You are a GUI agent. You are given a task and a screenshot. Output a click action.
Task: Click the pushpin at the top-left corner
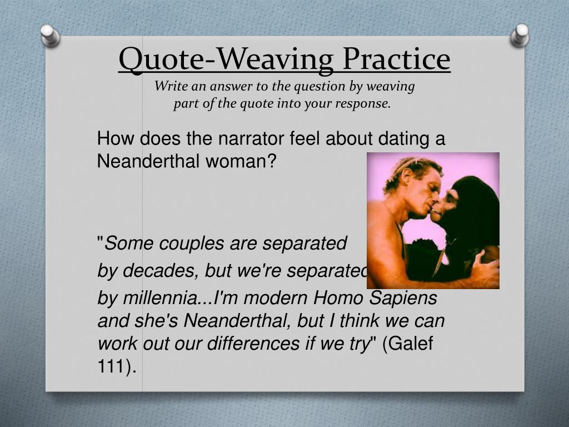point(50,34)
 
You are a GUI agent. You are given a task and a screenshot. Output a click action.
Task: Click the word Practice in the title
point(396,59)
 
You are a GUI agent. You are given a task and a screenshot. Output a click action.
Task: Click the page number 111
point(114,367)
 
